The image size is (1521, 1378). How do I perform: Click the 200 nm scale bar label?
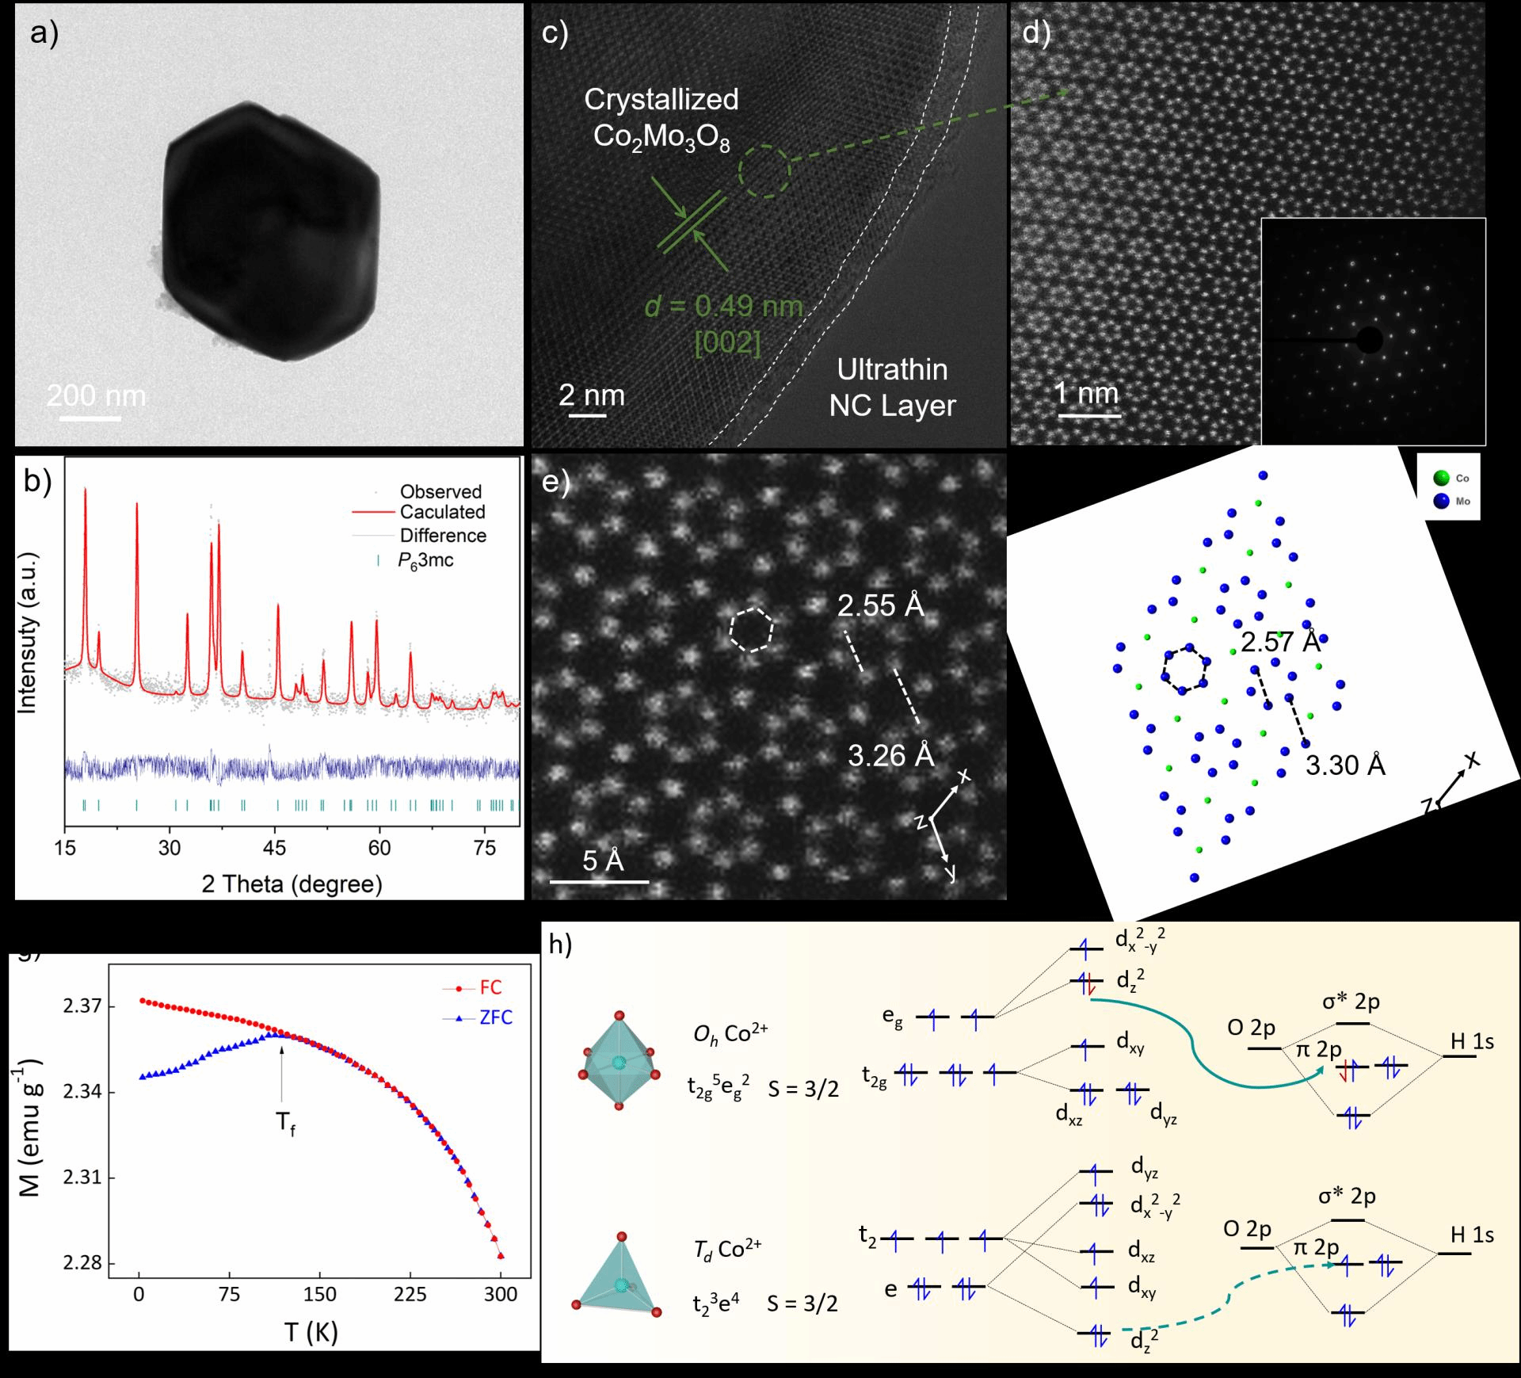click(96, 395)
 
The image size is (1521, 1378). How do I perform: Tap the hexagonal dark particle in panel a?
click(270, 231)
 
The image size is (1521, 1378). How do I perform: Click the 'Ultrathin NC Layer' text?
click(892, 387)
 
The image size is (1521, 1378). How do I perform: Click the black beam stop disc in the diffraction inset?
click(1370, 341)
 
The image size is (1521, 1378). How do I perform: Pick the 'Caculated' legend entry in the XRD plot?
click(442, 512)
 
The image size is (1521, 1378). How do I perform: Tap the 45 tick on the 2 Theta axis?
click(274, 848)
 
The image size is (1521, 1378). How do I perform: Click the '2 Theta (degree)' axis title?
click(292, 884)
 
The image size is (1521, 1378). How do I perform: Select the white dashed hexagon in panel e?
click(751, 630)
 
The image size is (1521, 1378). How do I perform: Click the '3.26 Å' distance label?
click(891, 755)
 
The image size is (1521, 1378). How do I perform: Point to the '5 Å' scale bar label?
click(603, 861)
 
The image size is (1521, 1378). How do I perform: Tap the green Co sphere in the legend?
click(1441, 478)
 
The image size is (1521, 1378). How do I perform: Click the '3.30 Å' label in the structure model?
click(1345, 765)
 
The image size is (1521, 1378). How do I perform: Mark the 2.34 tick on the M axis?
click(82, 1092)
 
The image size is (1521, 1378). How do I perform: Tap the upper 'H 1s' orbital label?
click(1472, 1041)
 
